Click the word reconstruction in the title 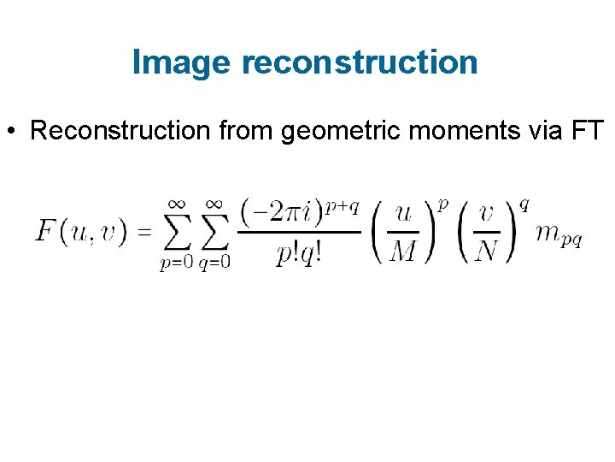click(360, 62)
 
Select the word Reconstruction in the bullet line click(118, 131)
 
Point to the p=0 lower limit click(177, 263)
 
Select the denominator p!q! click(298, 253)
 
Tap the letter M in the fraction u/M click(403, 252)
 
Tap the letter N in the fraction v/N click(486, 252)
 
